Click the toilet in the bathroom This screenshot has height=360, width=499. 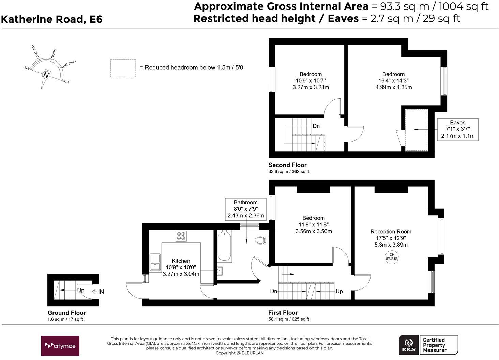point(261,240)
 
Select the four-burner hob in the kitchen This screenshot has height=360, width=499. point(181,236)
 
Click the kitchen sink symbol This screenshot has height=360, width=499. point(155,262)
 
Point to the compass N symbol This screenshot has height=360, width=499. point(46,75)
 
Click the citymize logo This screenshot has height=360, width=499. point(60,346)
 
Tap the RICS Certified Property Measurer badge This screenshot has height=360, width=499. point(428,345)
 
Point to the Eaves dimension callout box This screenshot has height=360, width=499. point(457,129)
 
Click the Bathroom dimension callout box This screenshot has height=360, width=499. point(245,209)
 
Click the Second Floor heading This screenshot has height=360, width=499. point(287,165)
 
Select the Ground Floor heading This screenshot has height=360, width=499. point(66,313)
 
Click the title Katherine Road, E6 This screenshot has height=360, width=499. point(51,19)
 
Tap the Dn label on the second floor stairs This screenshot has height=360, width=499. point(316,126)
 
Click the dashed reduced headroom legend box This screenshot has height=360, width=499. point(123,68)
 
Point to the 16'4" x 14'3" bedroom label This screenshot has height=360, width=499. point(393,81)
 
